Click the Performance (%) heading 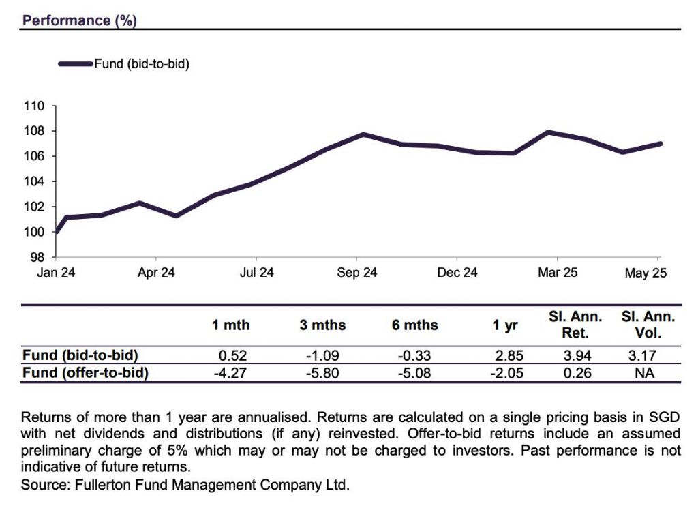coord(80,20)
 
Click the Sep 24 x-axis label coord(356,273)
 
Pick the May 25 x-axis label coord(645,273)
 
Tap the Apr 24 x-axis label coord(156,273)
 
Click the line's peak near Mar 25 coord(549,132)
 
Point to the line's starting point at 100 coord(56,232)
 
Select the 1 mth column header coord(231,325)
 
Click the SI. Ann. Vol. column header coord(648,325)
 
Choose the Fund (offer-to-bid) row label coord(85,373)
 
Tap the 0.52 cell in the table coord(231,355)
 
